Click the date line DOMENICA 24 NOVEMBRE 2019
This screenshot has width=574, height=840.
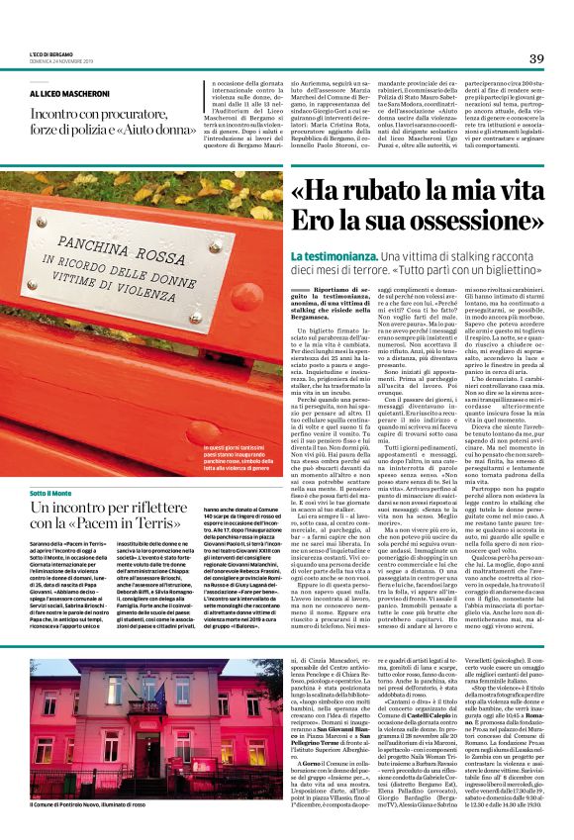click(x=62, y=61)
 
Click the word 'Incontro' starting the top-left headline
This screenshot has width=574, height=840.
click(x=57, y=109)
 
